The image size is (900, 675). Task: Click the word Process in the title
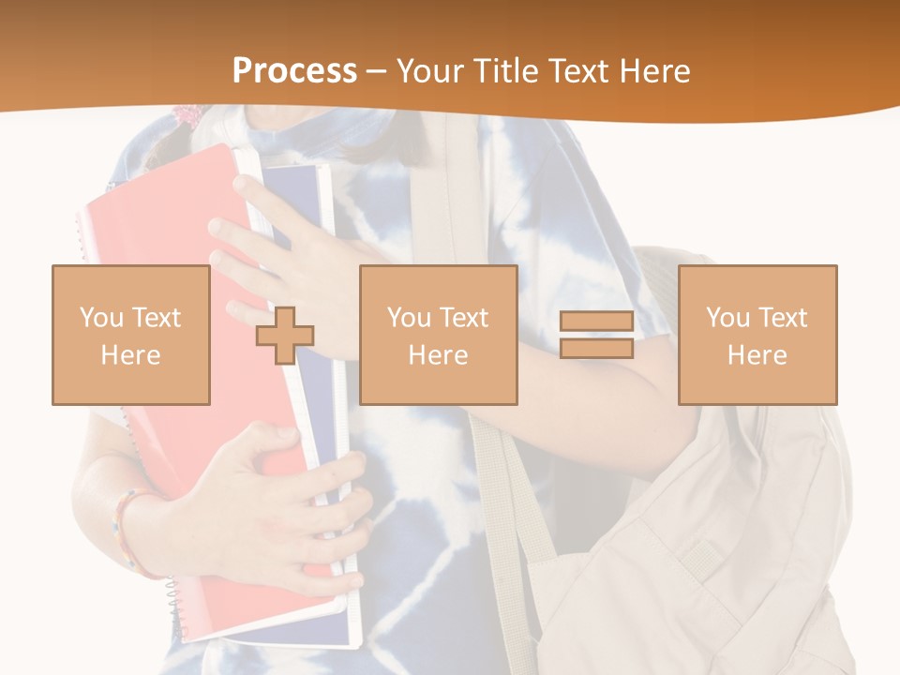[x=294, y=71]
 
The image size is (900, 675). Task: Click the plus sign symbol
[x=285, y=336]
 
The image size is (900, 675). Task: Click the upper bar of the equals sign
[x=596, y=322]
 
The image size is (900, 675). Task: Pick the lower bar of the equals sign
[x=596, y=349]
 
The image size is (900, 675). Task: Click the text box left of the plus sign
[x=130, y=336]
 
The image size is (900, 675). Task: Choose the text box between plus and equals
[x=438, y=336]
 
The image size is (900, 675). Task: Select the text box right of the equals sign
[x=757, y=336]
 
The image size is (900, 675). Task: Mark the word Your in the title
[x=432, y=71]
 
